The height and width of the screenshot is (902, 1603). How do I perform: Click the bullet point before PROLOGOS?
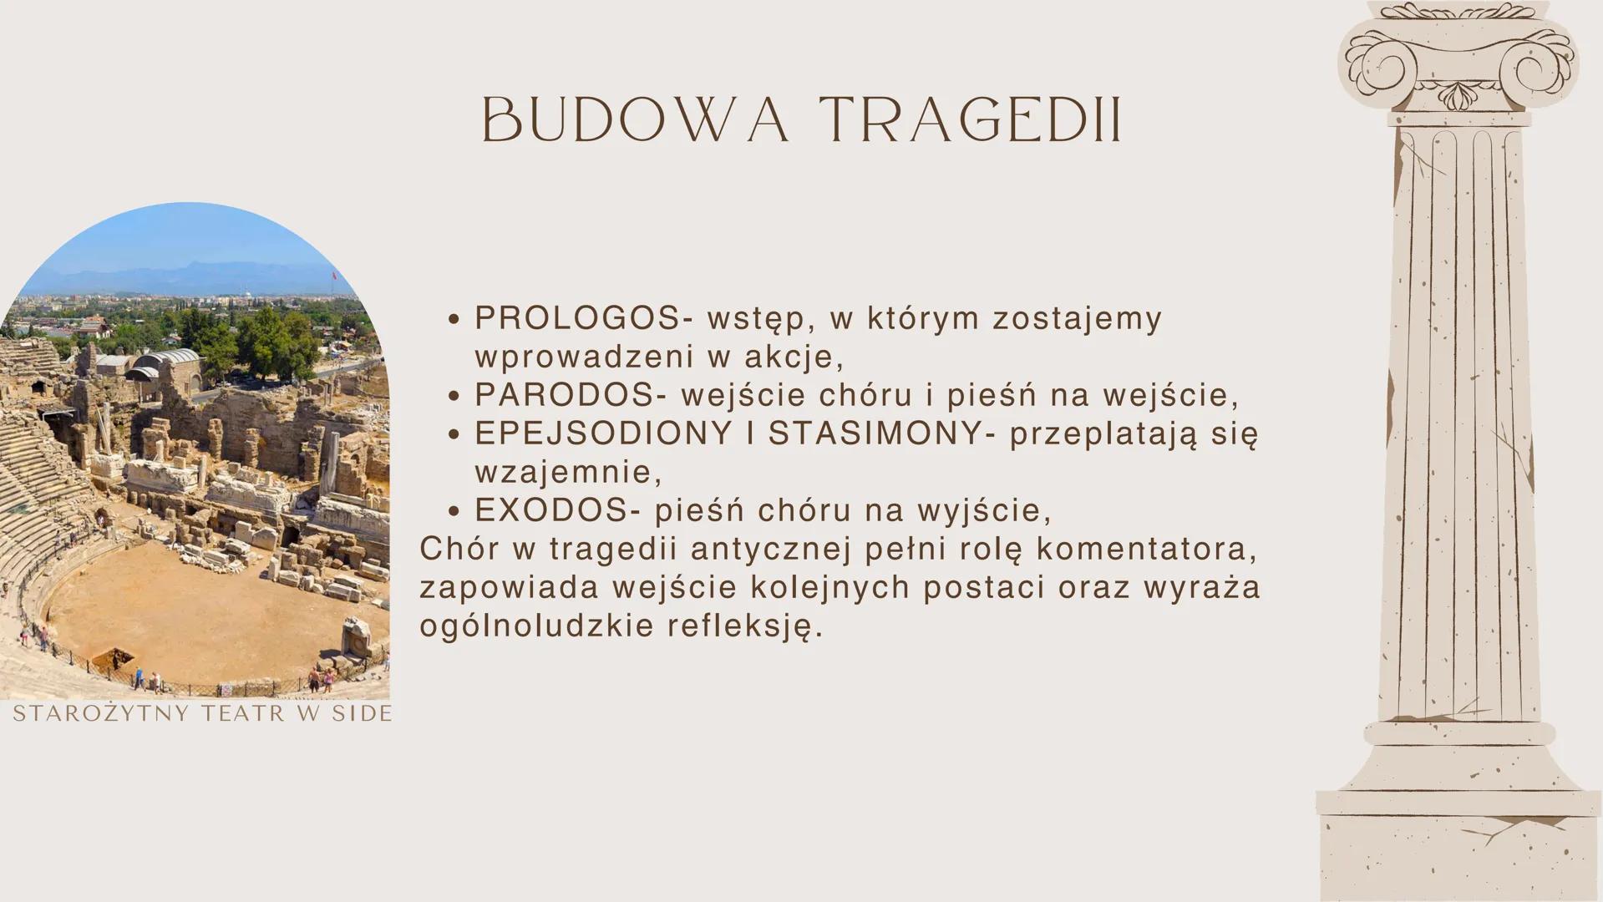coord(454,320)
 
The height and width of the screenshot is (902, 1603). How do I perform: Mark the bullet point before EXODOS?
coord(454,512)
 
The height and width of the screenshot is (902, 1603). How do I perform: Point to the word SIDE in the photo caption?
coord(362,713)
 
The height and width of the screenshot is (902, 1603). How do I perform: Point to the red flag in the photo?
coord(334,276)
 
